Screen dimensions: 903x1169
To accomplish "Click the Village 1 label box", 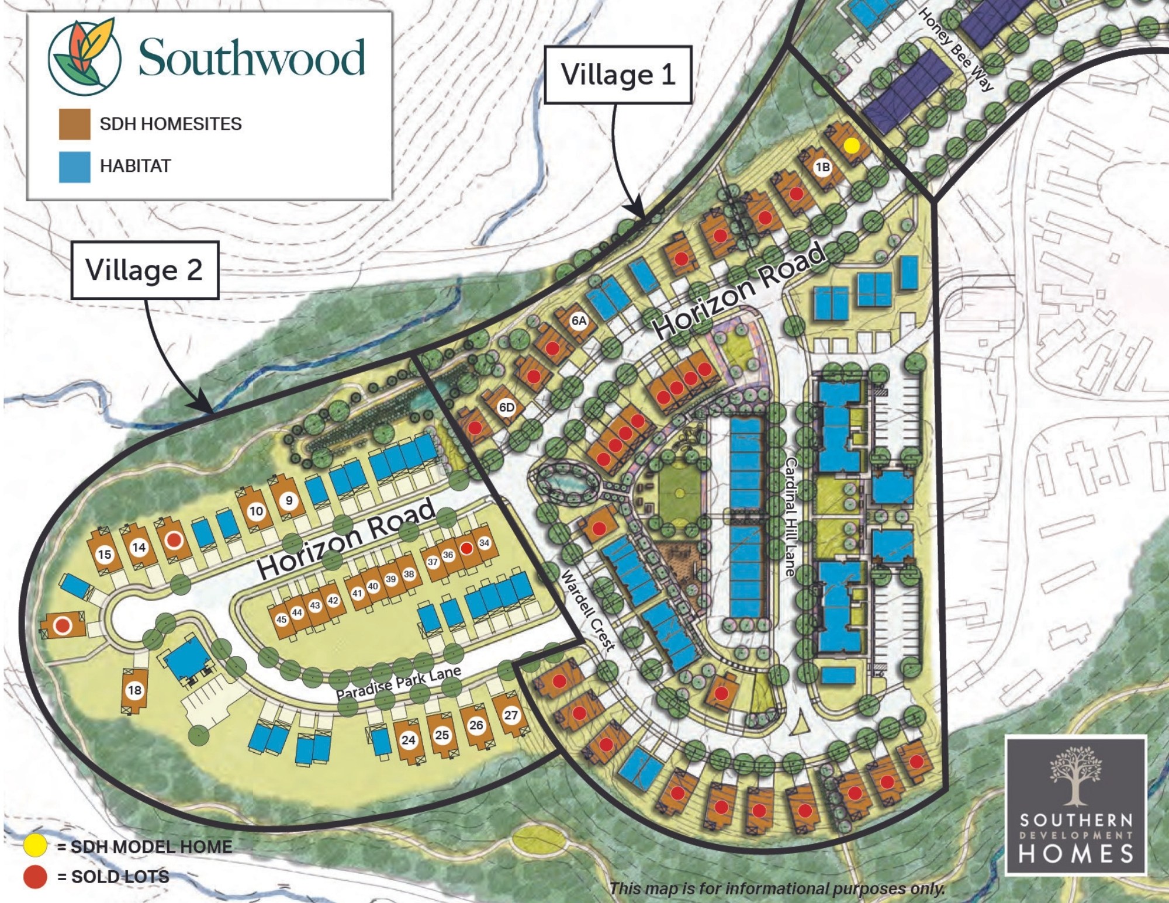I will pos(618,75).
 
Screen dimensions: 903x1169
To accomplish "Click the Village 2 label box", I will pos(144,270).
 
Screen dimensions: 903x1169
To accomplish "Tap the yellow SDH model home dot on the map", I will pos(852,145).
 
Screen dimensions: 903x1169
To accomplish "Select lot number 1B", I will pos(822,167).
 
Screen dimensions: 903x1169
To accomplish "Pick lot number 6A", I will pos(579,320).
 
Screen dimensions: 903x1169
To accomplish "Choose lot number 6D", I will pos(506,407).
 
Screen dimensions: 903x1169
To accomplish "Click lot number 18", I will pos(134,690).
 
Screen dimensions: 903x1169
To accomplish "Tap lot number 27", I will pos(511,715).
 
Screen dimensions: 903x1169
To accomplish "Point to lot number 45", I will pos(282,620).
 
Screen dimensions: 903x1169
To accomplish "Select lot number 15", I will pos(105,554).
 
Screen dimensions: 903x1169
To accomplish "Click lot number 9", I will pos(289,501).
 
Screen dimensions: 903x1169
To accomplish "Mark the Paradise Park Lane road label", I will pos(399,683).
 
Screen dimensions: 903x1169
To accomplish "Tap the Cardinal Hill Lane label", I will pos(790,517).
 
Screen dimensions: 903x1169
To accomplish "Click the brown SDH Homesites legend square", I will pos(74,124).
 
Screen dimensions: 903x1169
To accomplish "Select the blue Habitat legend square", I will pos(74,167).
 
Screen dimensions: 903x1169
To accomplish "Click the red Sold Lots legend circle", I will pos(34,877).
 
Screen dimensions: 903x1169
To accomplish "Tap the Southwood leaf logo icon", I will pos(85,57).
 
